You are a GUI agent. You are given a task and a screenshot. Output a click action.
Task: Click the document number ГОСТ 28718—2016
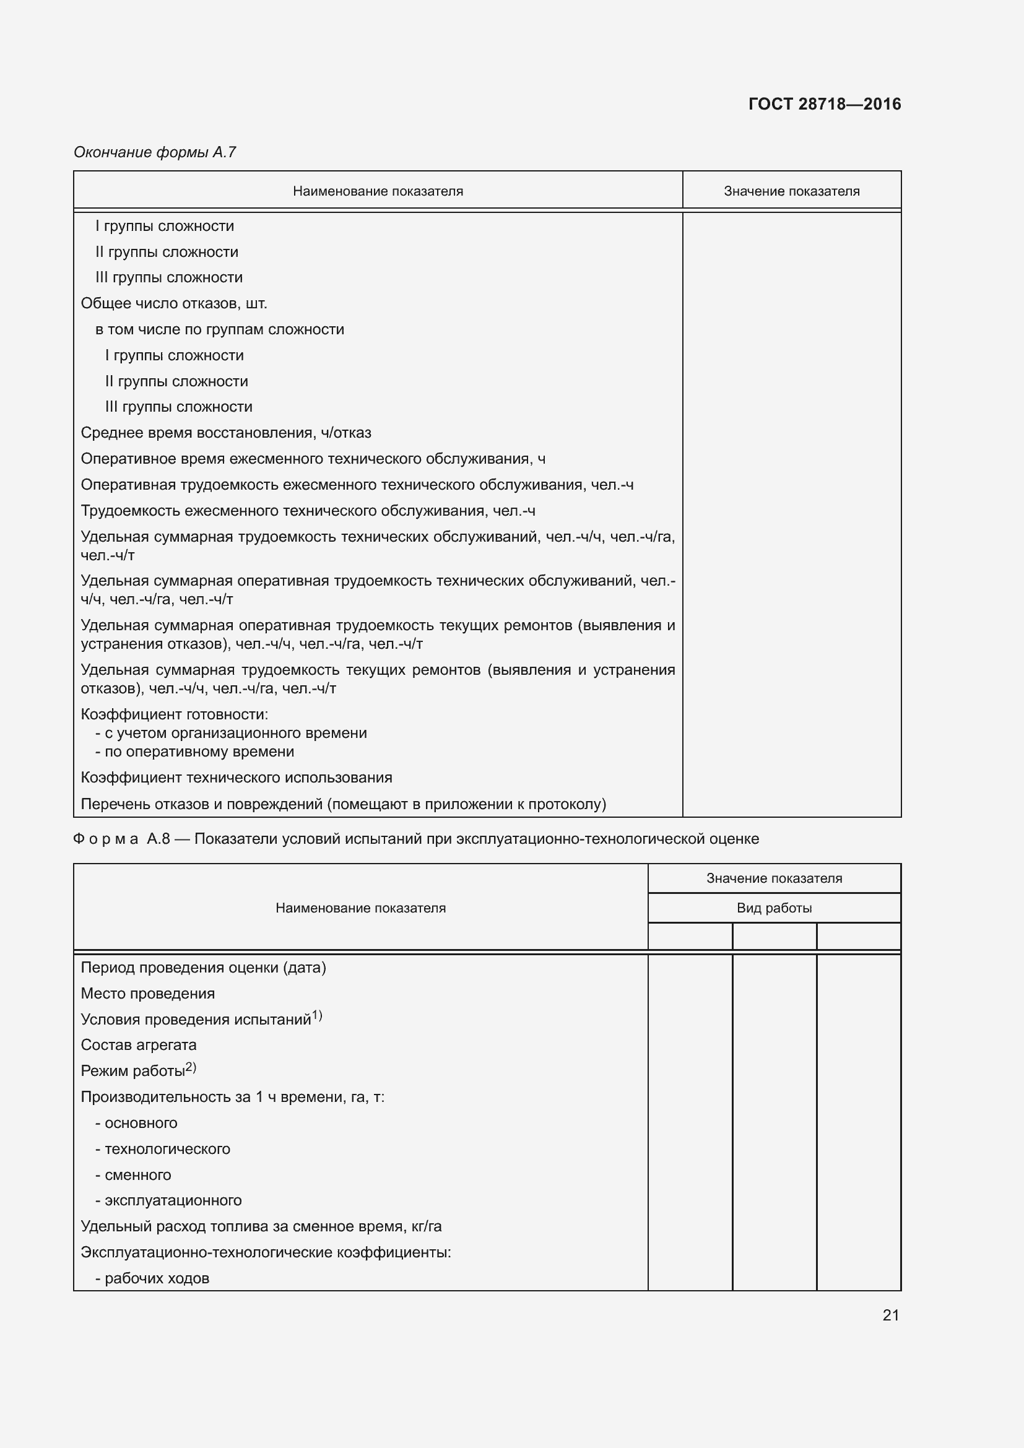click(824, 104)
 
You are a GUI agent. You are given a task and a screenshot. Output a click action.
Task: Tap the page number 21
click(890, 1315)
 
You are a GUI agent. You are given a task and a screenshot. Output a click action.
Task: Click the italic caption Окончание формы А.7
click(155, 152)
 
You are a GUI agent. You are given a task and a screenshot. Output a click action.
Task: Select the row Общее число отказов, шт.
click(174, 303)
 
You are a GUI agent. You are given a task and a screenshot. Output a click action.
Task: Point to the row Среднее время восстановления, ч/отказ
click(226, 433)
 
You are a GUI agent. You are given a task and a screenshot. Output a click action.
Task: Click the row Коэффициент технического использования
click(236, 778)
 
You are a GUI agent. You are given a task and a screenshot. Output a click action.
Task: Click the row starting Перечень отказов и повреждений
click(343, 804)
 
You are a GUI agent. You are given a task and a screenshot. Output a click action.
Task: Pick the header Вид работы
click(774, 908)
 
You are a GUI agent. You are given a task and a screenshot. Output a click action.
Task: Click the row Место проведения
click(147, 993)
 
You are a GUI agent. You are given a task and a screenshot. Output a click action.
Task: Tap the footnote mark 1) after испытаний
click(317, 1015)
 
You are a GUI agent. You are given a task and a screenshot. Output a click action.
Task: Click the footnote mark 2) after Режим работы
click(191, 1067)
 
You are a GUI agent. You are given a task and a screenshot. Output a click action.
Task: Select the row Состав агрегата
click(139, 1045)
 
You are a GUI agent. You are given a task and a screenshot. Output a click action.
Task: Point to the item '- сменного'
click(133, 1175)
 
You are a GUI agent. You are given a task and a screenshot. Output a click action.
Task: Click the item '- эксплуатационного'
click(168, 1200)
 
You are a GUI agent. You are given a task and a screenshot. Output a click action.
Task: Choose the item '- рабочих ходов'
click(152, 1278)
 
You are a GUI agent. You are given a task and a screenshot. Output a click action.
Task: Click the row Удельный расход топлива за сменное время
click(261, 1226)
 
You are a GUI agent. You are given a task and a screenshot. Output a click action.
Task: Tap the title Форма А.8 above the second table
click(121, 839)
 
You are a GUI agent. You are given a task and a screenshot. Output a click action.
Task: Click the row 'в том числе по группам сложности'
click(219, 329)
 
